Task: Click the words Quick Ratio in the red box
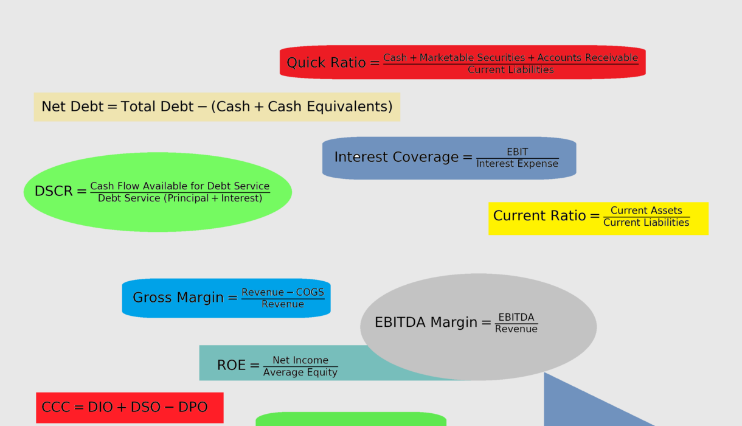(326, 63)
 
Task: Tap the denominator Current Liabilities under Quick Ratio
(510, 70)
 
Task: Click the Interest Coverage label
(396, 157)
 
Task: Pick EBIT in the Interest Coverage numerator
(517, 152)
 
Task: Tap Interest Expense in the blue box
(517, 164)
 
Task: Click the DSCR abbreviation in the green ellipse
(53, 191)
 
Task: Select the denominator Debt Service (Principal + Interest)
(180, 198)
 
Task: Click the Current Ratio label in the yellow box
(539, 215)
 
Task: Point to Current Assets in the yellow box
(646, 211)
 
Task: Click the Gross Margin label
(178, 298)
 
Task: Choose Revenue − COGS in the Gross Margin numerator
(283, 292)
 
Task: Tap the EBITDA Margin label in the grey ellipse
(426, 323)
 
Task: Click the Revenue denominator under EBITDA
(516, 329)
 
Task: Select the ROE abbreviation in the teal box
(231, 365)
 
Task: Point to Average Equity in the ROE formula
(300, 372)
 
